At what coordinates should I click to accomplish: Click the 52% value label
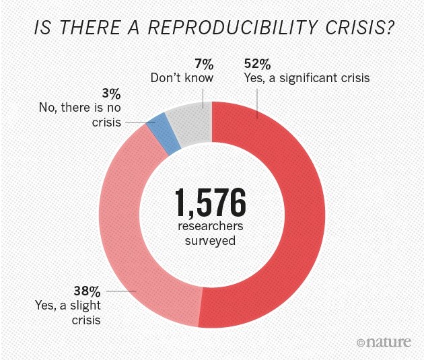click(257, 65)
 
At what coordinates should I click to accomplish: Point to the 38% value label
click(87, 292)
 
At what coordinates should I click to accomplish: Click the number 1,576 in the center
click(211, 201)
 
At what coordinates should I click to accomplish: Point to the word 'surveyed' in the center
click(211, 240)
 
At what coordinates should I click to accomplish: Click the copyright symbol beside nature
click(361, 343)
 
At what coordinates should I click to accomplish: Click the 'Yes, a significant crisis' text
click(307, 78)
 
